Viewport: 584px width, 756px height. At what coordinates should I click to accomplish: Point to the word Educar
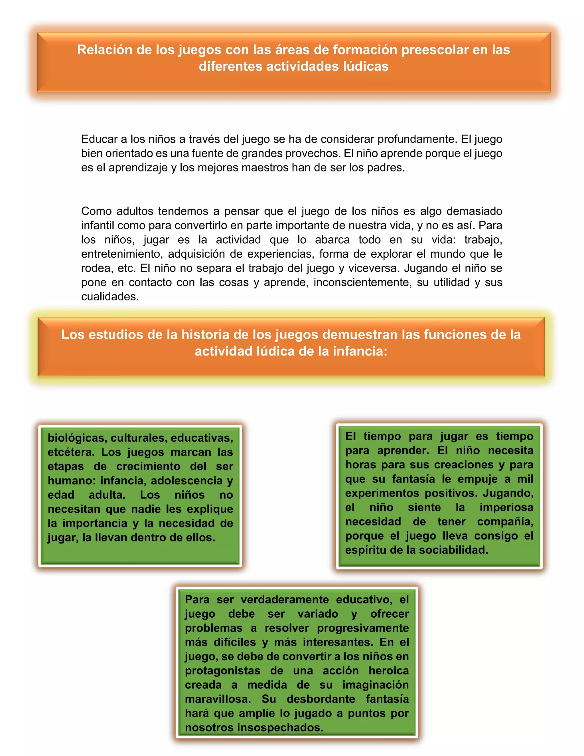[99, 139]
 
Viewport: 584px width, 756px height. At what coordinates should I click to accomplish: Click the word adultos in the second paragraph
[135, 211]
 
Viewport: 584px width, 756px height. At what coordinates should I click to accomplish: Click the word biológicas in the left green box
[77, 438]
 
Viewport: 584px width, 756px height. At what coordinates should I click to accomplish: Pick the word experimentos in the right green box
[382, 493]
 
